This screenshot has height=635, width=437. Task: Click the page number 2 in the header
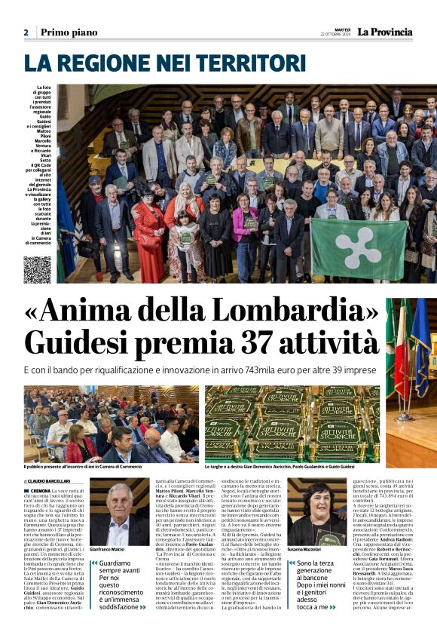tap(26, 32)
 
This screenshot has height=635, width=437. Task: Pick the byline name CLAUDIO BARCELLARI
tap(51, 480)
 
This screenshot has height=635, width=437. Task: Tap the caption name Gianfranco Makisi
tap(106, 551)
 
